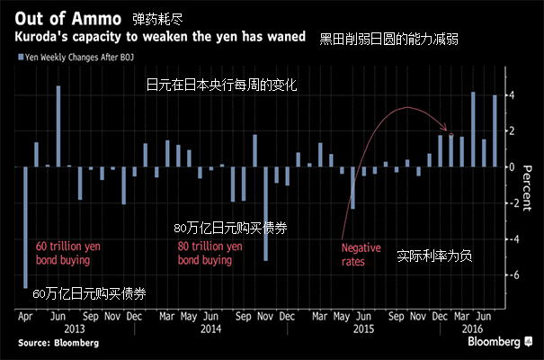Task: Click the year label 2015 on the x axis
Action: (361, 329)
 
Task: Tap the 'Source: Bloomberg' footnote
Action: (46, 343)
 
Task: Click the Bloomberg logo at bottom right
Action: (491, 342)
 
